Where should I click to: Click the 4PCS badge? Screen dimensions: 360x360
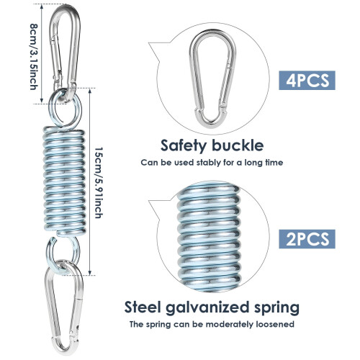click(x=307, y=81)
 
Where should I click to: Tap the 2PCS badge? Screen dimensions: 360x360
click(x=307, y=239)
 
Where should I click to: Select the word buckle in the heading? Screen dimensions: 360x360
click(x=238, y=145)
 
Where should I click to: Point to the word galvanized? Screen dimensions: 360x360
click(x=207, y=308)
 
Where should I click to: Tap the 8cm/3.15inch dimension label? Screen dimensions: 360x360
click(x=34, y=56)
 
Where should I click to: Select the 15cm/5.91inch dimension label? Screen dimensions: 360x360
click(x=99, y=183)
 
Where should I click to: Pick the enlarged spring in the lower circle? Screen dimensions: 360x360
click(x=209, y=236)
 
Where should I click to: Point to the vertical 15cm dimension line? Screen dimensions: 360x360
click(x=90, y=182)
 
